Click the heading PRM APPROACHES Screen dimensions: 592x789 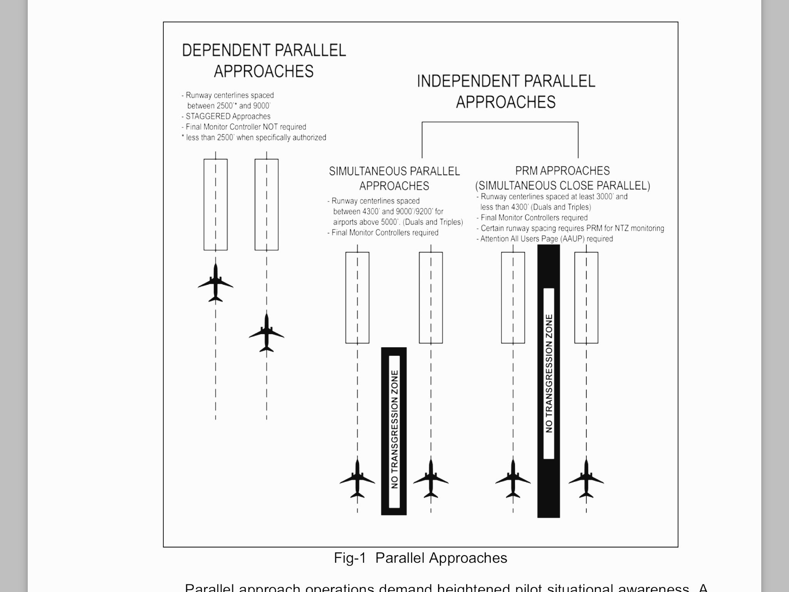click(562, 171)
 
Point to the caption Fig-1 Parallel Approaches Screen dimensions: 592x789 click(420, 558)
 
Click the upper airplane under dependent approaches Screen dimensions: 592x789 click(215, 283)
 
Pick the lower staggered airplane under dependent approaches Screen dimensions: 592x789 click(267, 333)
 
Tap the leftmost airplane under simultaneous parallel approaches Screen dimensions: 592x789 click(358, 479)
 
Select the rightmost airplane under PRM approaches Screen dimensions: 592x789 click(586, 479)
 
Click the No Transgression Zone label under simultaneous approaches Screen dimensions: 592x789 click(394, 430)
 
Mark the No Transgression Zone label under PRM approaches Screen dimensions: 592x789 click(549, 373)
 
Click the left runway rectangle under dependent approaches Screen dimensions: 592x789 click(215, 204)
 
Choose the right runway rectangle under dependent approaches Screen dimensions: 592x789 click(267, 204)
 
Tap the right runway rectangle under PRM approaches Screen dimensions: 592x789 click(586, 298)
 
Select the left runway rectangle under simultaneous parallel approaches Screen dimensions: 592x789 click(358, 298)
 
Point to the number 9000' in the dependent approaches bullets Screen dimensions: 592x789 click(262, 106)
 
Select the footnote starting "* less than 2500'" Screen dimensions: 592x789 click(254, 138)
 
